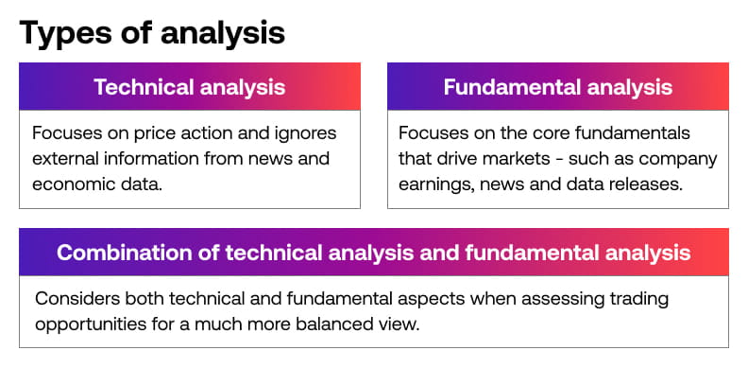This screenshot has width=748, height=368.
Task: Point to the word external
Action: [x=68, y=159]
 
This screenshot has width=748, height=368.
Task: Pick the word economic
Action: [x=70, y=184]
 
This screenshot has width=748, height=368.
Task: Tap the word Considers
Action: [x=76, y=299]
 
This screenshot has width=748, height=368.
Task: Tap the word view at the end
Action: [x=404, y=324]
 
